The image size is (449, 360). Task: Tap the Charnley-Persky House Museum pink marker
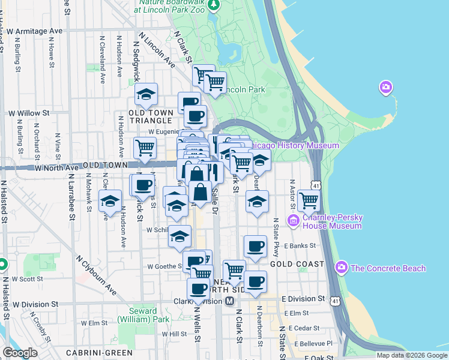294,221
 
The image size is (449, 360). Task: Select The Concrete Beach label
387,268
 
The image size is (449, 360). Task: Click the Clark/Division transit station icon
229,301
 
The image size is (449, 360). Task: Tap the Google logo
20,353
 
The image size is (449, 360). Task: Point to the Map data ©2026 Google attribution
412,355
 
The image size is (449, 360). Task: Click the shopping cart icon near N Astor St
309,200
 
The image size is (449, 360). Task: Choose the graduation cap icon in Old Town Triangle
145,95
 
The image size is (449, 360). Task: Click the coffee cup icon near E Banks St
255,245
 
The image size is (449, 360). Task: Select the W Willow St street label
28,113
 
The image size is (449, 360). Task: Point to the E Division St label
304,299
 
